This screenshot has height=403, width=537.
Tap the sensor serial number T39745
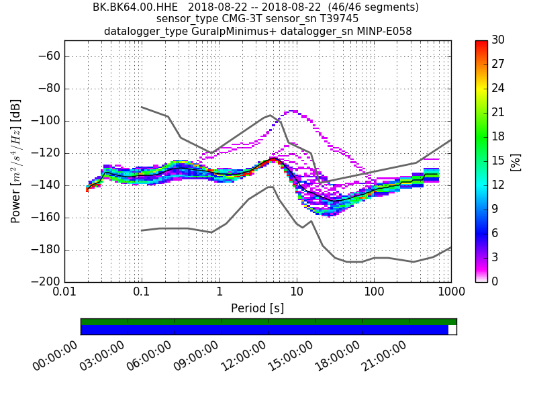[336, 19]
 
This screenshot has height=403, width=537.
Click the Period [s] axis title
[258, 308]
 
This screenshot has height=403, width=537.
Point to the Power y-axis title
[16, 161]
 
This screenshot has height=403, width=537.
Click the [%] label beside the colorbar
[516, 161]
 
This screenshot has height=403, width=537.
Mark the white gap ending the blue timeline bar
[452, 330]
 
